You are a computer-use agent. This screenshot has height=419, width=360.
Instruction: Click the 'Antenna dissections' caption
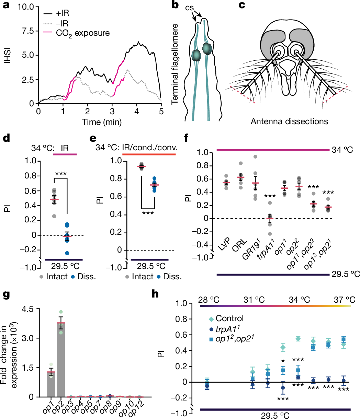pyautogui.click(x=289, y=121)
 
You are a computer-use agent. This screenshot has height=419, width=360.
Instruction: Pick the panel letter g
pyautogui.click(x=6, y=276)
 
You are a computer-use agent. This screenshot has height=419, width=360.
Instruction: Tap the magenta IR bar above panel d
pyautogui.click(x=65, y=155)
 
